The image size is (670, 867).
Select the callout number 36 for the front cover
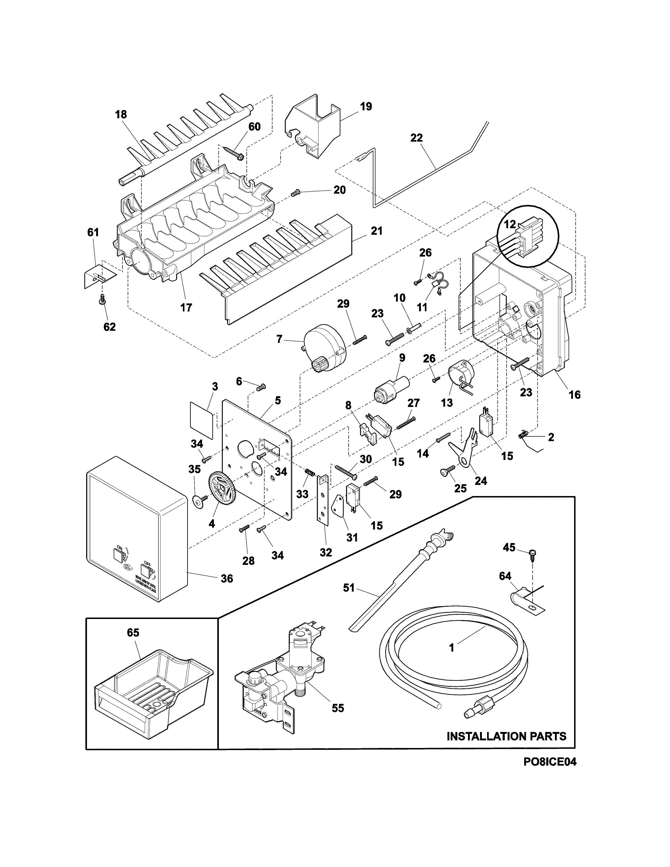click(227, 579)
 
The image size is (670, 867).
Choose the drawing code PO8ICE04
click(549, 773)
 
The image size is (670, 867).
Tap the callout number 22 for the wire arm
click(416, 138)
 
